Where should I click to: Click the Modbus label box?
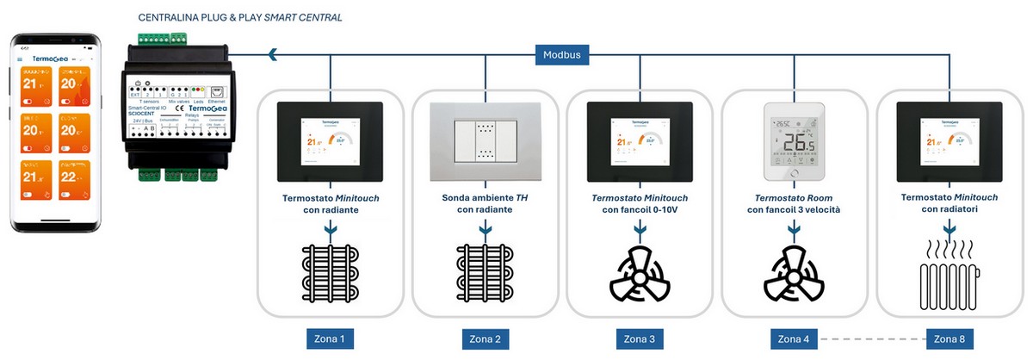pyautogui.click(x=562, y=55)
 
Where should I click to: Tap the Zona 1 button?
pyautogui.click(x=330, y=339)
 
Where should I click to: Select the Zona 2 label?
pyautogui.click(x=485, y=339)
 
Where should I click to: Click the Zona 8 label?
pyautogui.click(x=949, y=339)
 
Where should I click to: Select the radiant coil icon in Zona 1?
pyautogui.click(x=330, y=272)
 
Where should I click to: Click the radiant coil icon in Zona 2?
pyautogui.click(x=485, y=272)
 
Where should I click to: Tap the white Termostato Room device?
pyautogui.click(x=794, y=140)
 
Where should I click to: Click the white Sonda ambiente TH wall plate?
pyautogui.click(x=485, y=140)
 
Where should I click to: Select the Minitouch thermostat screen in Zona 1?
pyautogui.click(x=330, y=140)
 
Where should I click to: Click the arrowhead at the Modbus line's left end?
pyautogui.click(x=272, y=55)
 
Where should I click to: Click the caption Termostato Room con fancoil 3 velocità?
pyautogui.click(x=794, y=202)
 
